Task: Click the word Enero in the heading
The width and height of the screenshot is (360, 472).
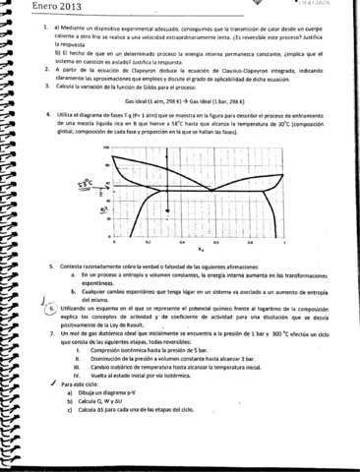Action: [21, 8]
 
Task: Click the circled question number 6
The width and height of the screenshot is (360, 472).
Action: [50, 335]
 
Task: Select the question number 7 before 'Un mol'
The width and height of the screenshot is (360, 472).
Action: [49, 363]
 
